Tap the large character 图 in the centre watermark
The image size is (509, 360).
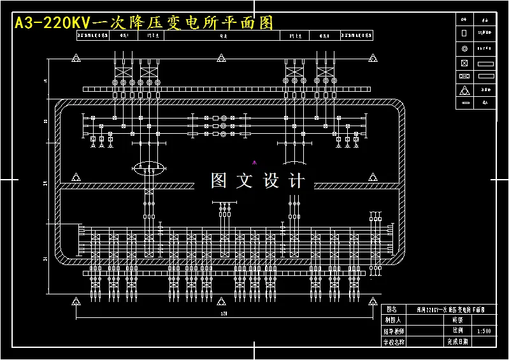(x=219, y=181)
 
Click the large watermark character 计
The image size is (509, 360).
(x=297, y=181)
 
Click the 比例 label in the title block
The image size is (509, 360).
(x=457, y=331)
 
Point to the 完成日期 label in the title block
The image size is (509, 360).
(x=457, y=342)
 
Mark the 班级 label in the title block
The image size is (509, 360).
(x=457, y=320)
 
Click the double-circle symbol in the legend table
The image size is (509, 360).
(x=464, y=48)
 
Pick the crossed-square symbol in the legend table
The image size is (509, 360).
(x=464, y=62)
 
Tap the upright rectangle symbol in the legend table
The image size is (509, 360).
(x=464, y=32)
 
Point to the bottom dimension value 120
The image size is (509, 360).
(x=224, y=314)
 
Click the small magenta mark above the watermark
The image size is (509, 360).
(x=254, y=162)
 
